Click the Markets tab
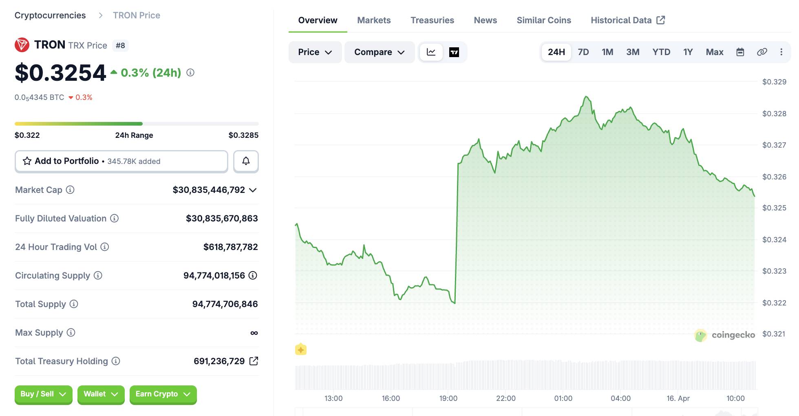(373, 20)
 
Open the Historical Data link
(627, 20)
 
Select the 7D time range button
(583, 52)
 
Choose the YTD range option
(661, 52)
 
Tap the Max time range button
(714, 52)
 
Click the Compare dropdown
(379, 52)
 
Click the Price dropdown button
(315, 52)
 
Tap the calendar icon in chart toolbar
(740, 52)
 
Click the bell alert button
(246, 161)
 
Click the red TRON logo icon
(22, 45)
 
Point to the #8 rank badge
(120, 45)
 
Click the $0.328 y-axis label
(774, 114)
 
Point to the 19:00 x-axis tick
(448, 398)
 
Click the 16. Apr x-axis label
(678, 398)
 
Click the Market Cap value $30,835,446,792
(209, 190)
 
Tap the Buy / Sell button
(43, 394)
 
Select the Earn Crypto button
(163, 394)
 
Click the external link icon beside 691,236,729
(254, 361)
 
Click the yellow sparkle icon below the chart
(301, 350)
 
